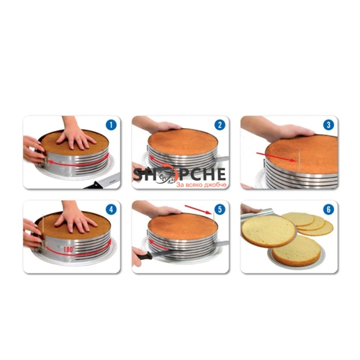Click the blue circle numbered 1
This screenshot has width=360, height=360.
(x=111, y=125)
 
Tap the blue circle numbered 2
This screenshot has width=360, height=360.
(x=220, y=125)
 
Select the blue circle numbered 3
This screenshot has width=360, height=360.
(x=328, y=125)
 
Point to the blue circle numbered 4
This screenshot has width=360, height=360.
(x=111, y=210)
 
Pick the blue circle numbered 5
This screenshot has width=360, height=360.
(x=220, y=210)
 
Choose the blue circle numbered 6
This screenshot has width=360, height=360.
(x=328, y=210)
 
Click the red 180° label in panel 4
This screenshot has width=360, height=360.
(x=68, y=249)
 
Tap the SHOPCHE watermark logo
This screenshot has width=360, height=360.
(x=179, y=174)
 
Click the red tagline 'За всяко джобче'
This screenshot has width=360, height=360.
(x=202, y=185)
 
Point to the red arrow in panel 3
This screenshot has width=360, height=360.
(x=276, y=157)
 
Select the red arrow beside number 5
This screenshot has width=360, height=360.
(x=198, y=210)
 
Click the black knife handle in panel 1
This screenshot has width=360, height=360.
(x=94, y=185)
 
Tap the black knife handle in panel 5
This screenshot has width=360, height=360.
(x=144, y=256)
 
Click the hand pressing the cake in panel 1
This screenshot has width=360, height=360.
(x=76, y=135)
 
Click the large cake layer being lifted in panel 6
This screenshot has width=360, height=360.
(x=269, y=231)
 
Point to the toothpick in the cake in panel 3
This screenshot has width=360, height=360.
(x=299, y=160)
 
